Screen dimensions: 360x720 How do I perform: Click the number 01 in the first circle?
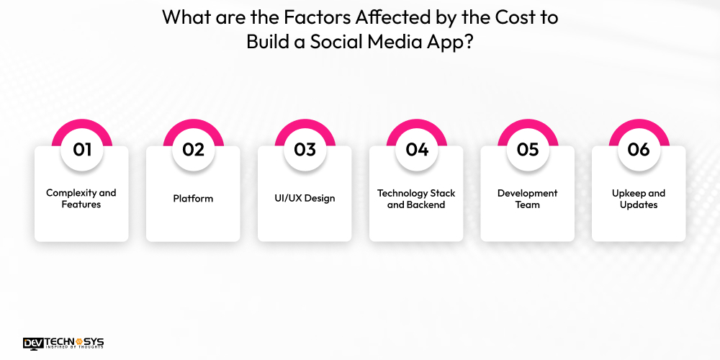click(x=81, y=150)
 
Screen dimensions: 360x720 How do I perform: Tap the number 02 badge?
click(x=193, y=150)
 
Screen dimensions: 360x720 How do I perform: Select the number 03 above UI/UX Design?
click(x=305, y=150)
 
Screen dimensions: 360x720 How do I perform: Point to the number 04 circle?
click(x=416, y=150)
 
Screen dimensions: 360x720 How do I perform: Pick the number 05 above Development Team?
click(x=528, y=150)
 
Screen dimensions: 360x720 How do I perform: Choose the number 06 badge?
click(x=639, y=150)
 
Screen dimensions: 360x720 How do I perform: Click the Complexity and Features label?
click(x=81, y=199)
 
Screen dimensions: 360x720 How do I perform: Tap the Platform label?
click(x=193, y=199)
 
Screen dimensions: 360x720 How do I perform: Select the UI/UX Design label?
click(x=305, y=199)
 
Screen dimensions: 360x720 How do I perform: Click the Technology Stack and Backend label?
click(x=416, y=199)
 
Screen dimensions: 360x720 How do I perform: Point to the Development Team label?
click(x=528, y=199)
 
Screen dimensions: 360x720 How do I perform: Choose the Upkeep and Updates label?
click(x=639, y=199)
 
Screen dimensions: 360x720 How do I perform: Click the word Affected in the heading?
click(x=377, y=17)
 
